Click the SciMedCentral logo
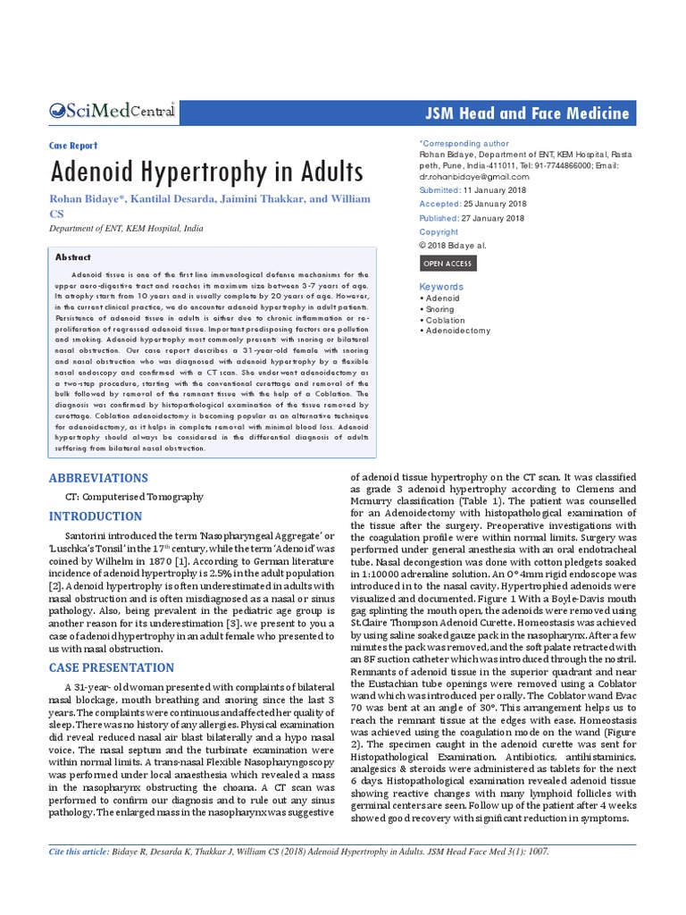[x=112, y=112]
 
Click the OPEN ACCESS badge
[x=448, y=264]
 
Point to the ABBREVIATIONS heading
[x=98, y=478]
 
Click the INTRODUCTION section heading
[x=95, y=516]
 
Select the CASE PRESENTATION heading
[x=112, y=667]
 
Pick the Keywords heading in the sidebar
[x=441, y=286]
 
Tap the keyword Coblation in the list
[x=446, y=320]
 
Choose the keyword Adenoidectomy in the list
[x=458, y=331]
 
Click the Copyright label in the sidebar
[x=439, y=231]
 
